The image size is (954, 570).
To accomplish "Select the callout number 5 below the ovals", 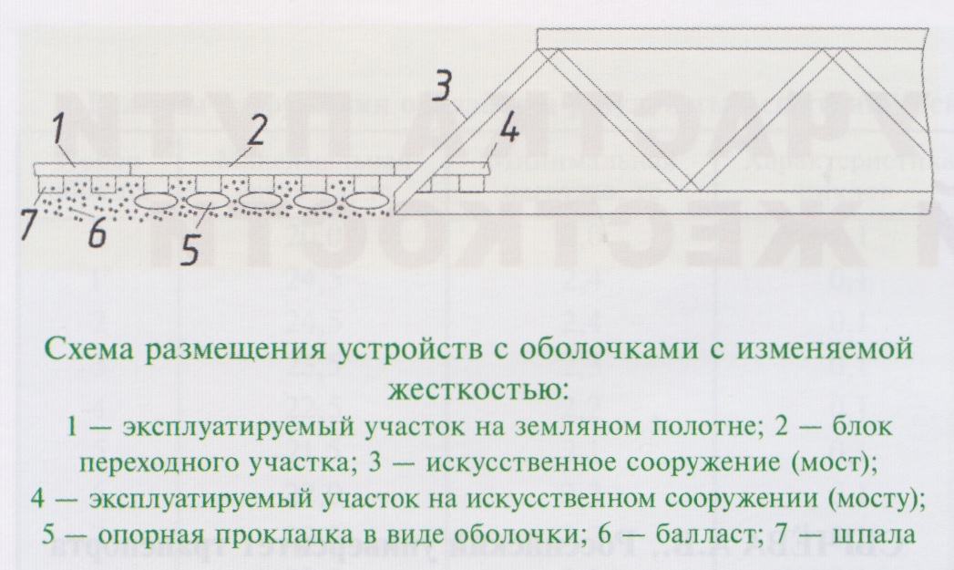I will point(190,249).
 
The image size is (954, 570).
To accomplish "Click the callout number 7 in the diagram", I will point(30,223).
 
